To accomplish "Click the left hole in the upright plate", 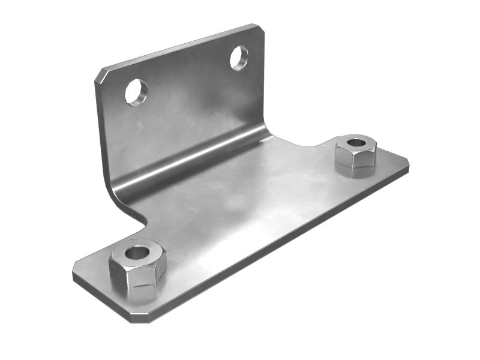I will tap(136, 92).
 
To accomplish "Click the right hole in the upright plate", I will tap(239, 58).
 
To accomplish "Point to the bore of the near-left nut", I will tap(137, 252).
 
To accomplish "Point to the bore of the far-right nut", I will tap(356, 143).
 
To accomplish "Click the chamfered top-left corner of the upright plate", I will tap(101, 75).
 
